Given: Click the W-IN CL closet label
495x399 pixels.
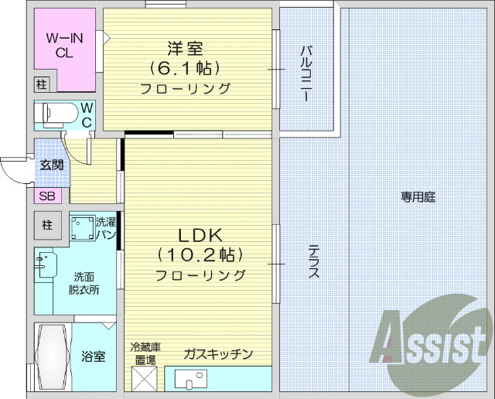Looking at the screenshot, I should coord(64,45).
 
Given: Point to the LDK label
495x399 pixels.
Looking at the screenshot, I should coord(201,235).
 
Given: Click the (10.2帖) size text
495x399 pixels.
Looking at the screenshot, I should coord(200,254).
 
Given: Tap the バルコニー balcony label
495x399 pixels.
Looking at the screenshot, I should coord(306,73).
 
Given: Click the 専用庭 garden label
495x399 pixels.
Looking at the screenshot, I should coord(418,197).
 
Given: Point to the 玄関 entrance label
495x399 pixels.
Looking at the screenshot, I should coord(51,164).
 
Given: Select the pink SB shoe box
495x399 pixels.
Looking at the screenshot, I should coord(46,196).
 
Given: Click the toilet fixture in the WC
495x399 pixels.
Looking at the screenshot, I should coord(57,115).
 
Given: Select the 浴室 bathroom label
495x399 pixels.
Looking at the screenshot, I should coord(94,356).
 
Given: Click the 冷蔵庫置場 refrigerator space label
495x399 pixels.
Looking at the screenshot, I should coord(144,354).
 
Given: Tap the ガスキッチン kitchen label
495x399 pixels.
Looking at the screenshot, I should coord(218,354).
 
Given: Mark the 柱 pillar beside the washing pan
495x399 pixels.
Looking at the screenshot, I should coord(47,226).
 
